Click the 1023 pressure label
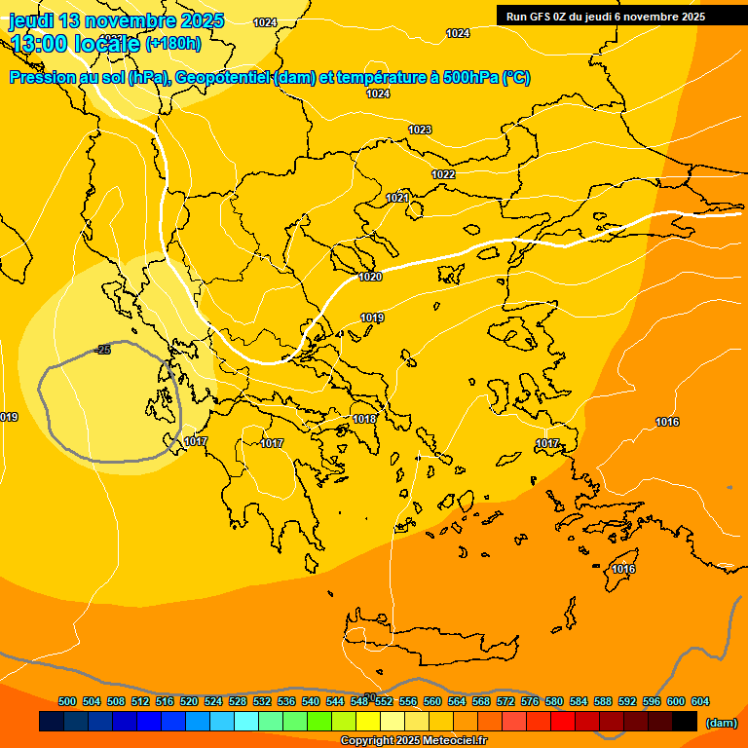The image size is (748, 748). [420, 130]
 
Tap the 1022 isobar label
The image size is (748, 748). [443, 174]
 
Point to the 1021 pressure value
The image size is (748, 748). [396, 198]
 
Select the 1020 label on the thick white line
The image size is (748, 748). [370, 277]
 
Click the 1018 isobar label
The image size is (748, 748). [364, 419]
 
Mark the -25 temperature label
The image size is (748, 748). [102, 349]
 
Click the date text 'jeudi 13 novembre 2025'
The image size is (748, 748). [117, 20]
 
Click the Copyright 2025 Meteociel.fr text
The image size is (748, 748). [413, 741]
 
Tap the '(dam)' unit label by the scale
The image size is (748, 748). [721, 723]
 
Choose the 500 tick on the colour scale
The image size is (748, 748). [67, 701]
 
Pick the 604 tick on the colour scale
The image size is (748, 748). [699, 701]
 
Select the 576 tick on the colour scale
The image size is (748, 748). [530, 701]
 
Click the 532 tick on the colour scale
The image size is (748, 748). [262, 701]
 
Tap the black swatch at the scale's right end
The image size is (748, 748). [685, 722]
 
